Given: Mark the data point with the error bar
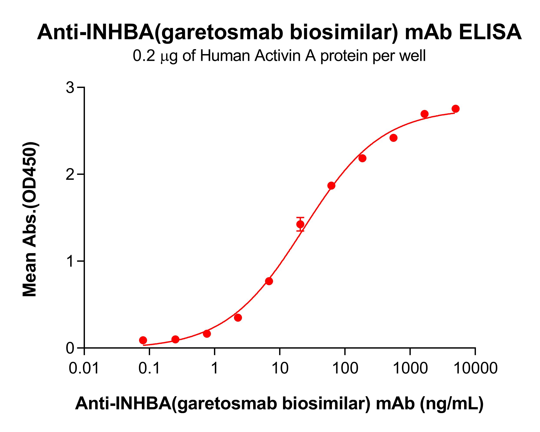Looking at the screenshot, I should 300,224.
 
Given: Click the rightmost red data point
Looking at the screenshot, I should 455,109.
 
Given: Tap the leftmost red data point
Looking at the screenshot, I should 143,340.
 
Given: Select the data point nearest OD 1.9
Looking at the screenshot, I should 331,185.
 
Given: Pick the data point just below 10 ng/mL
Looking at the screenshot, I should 269,281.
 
